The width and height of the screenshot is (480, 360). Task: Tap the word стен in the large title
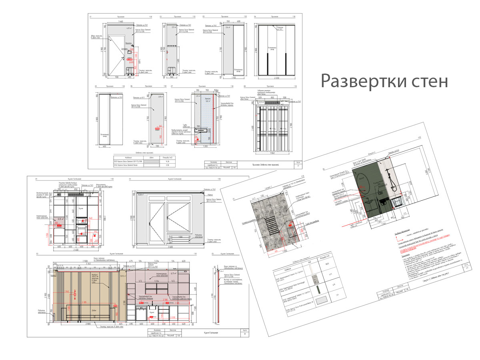click(429, 82)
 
